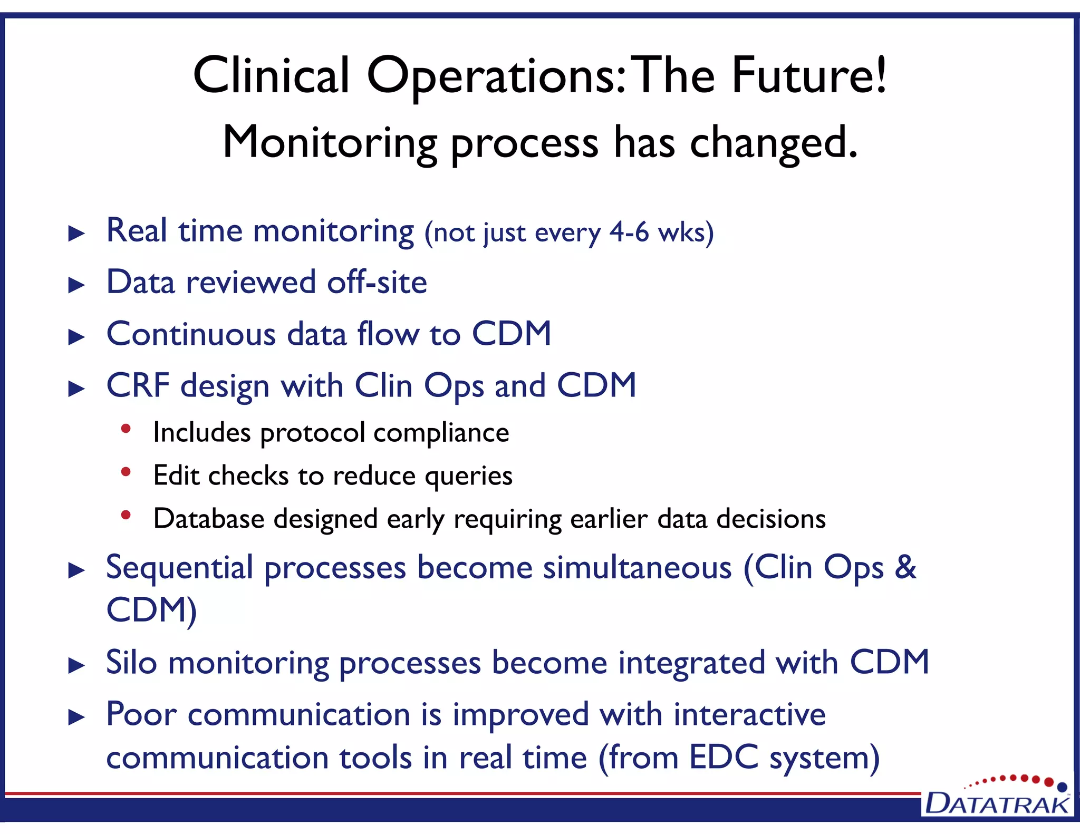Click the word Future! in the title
point(808,75)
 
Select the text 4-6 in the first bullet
point(629,232)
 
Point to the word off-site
point(377,282)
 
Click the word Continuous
point(191,334)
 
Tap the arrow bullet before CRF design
point(77,389)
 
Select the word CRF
point(138,385)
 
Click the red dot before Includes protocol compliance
point(126,429)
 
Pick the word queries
point(468,477)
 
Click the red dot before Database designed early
point(126,515)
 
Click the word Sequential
point(179,568)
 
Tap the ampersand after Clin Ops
point(905,567)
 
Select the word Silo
point(131,662)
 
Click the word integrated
point(691,663)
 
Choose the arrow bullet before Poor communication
point(77,717)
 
